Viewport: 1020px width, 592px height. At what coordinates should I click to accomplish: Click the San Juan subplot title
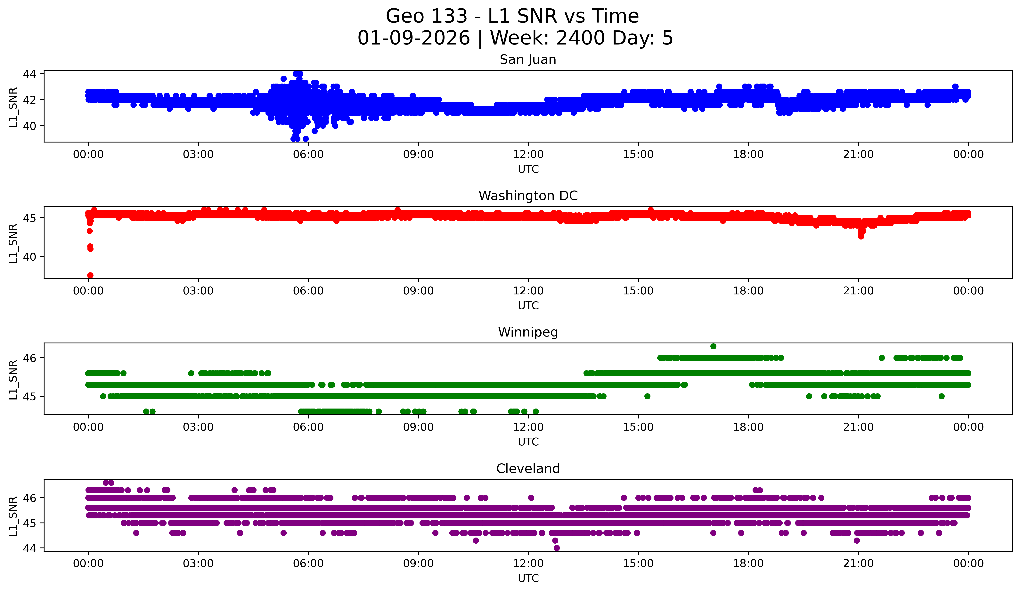[x=528, y=60]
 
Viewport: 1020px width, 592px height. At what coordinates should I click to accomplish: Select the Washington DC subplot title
[x=528, y=196]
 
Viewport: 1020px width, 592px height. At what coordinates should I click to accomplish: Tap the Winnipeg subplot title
[x=528, y=332]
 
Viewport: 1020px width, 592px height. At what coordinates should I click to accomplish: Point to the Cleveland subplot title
[x=528, y=469]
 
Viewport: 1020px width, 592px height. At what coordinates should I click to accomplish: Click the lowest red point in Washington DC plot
[x=90, y=275]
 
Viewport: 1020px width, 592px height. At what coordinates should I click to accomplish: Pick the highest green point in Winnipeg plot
[x=713, y=346]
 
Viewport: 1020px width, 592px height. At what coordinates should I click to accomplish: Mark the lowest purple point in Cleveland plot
[x=557, y=548]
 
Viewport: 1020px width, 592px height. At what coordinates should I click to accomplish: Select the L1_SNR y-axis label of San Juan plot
[x=13, y=107]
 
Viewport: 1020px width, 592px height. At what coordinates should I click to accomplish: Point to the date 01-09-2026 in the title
[x=414, y=38]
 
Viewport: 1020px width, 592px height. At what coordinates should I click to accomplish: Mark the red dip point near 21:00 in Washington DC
[x=861, y=236]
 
